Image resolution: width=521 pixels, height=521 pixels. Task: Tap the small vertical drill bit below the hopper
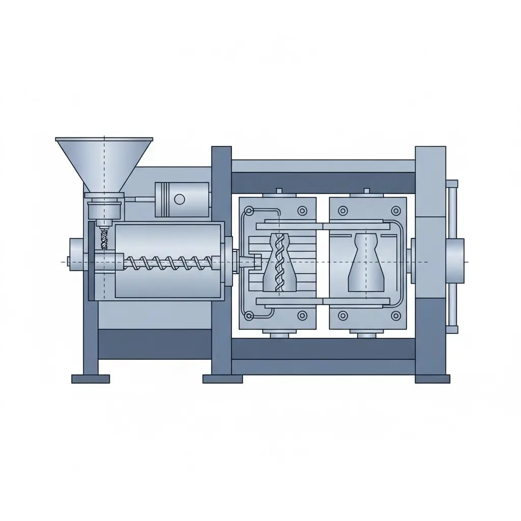pyautogui.click(x=105, y=238)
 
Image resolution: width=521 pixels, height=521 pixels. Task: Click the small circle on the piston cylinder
pyautogui.click(x=179, y=198)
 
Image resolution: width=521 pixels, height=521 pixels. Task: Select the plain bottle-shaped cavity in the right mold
pyautogui.click(x=365, y=263)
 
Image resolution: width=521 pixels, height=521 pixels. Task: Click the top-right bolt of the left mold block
pyautogui.click(x=303, y=211)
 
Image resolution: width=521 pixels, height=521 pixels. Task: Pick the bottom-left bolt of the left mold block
pyautogui.click(x=249, y=316)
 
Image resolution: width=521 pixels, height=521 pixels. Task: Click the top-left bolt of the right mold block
pyautogui.click(x=342, y=211)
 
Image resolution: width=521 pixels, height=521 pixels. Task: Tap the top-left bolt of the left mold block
pyautogui.click(x=249, y=211)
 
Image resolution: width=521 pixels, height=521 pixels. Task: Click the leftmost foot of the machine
pyautogui.click(x=91, y=379)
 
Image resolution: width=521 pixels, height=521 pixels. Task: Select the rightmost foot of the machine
pyautogui.click(x=432, y=379)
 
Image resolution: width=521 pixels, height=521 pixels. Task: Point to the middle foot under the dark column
pyautogui.click(x=222, y=379)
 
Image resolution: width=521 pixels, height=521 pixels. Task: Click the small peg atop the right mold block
pyautogui.click(x=366, y=192)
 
